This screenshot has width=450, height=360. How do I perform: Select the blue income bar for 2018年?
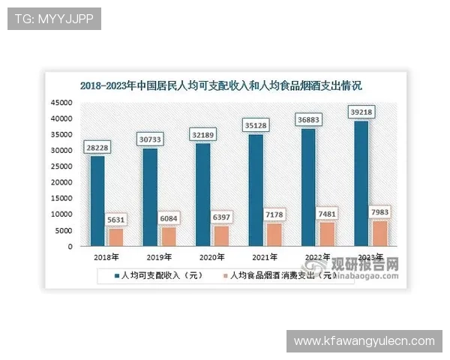pos(97,201)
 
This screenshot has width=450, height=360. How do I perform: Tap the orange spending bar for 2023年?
pos(381,233)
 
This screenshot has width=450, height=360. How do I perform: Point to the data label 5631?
pos(116,220)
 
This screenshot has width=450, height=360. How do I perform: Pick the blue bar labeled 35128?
pos(256,190)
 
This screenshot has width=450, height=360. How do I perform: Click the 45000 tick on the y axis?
pos(61,103)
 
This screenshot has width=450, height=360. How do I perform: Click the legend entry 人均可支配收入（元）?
pos(162,275)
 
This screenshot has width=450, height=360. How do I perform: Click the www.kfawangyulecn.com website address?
pos(364,341)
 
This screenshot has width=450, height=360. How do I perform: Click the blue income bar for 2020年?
pos(203,195)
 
